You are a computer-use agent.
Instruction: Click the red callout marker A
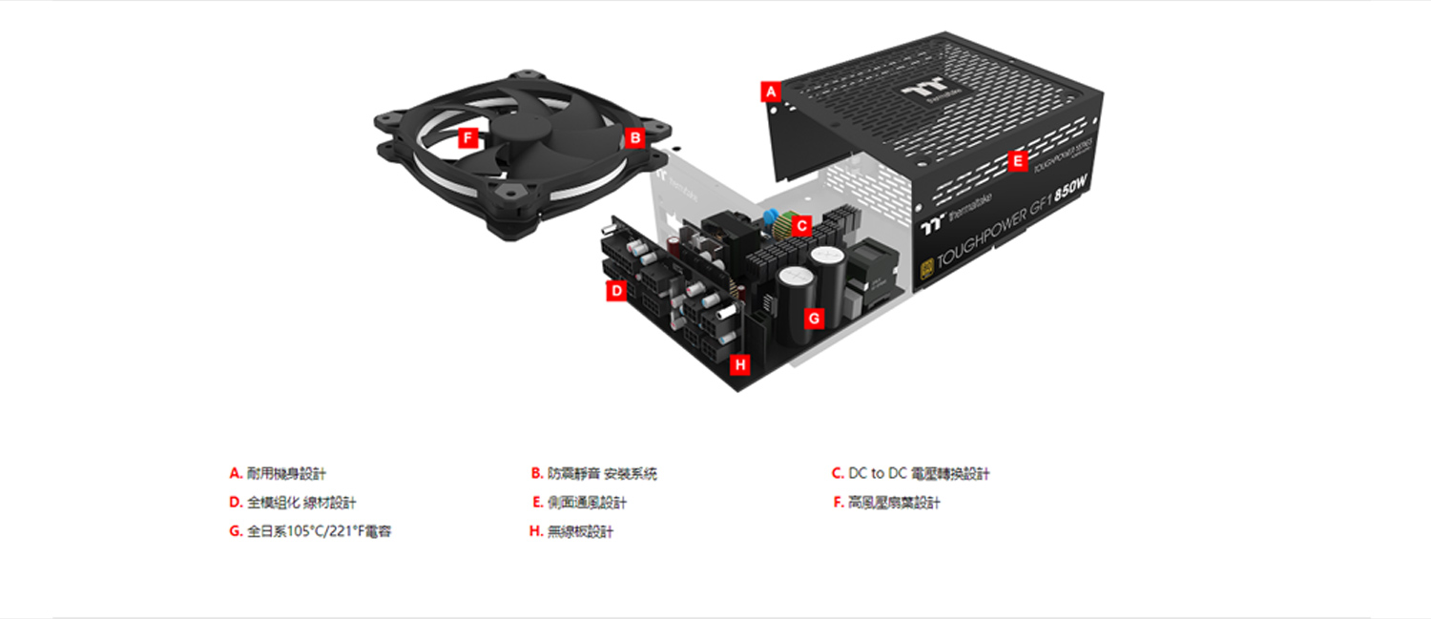771,93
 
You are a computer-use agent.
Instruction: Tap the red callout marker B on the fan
635,137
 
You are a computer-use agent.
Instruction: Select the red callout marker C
802,226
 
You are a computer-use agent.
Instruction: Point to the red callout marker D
616,291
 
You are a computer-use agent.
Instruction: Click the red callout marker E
1017,161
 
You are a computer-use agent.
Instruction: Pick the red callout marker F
467,138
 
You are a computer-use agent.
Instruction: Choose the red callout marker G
814,319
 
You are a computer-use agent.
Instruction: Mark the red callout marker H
740,364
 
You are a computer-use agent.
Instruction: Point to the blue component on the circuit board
770,215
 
